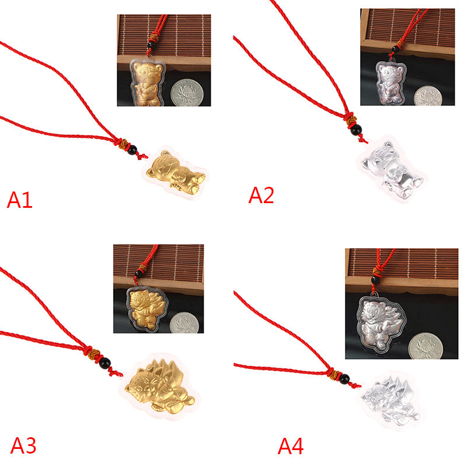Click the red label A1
pyautogui.click(x=19, y=200)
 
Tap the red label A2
pyautogui.click(x=261, y=195)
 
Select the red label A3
pyautogui.click(x=23, y=445)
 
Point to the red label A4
pyautogui.click(x=291, y=446)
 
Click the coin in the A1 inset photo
pyautogui.click(x=187, y=92)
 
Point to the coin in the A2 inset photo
pyautogui.click(x=428, y=96)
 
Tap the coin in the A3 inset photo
pyautogui.click(x=184, y=323)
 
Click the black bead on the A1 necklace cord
pyautogui.click(x=132, y=149)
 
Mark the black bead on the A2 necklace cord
pyautogui.click(x=356, y=130)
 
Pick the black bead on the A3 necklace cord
pyautogui.click(x=104, y=363)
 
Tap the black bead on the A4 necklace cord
pyautogui.click(x=344, y=378)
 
